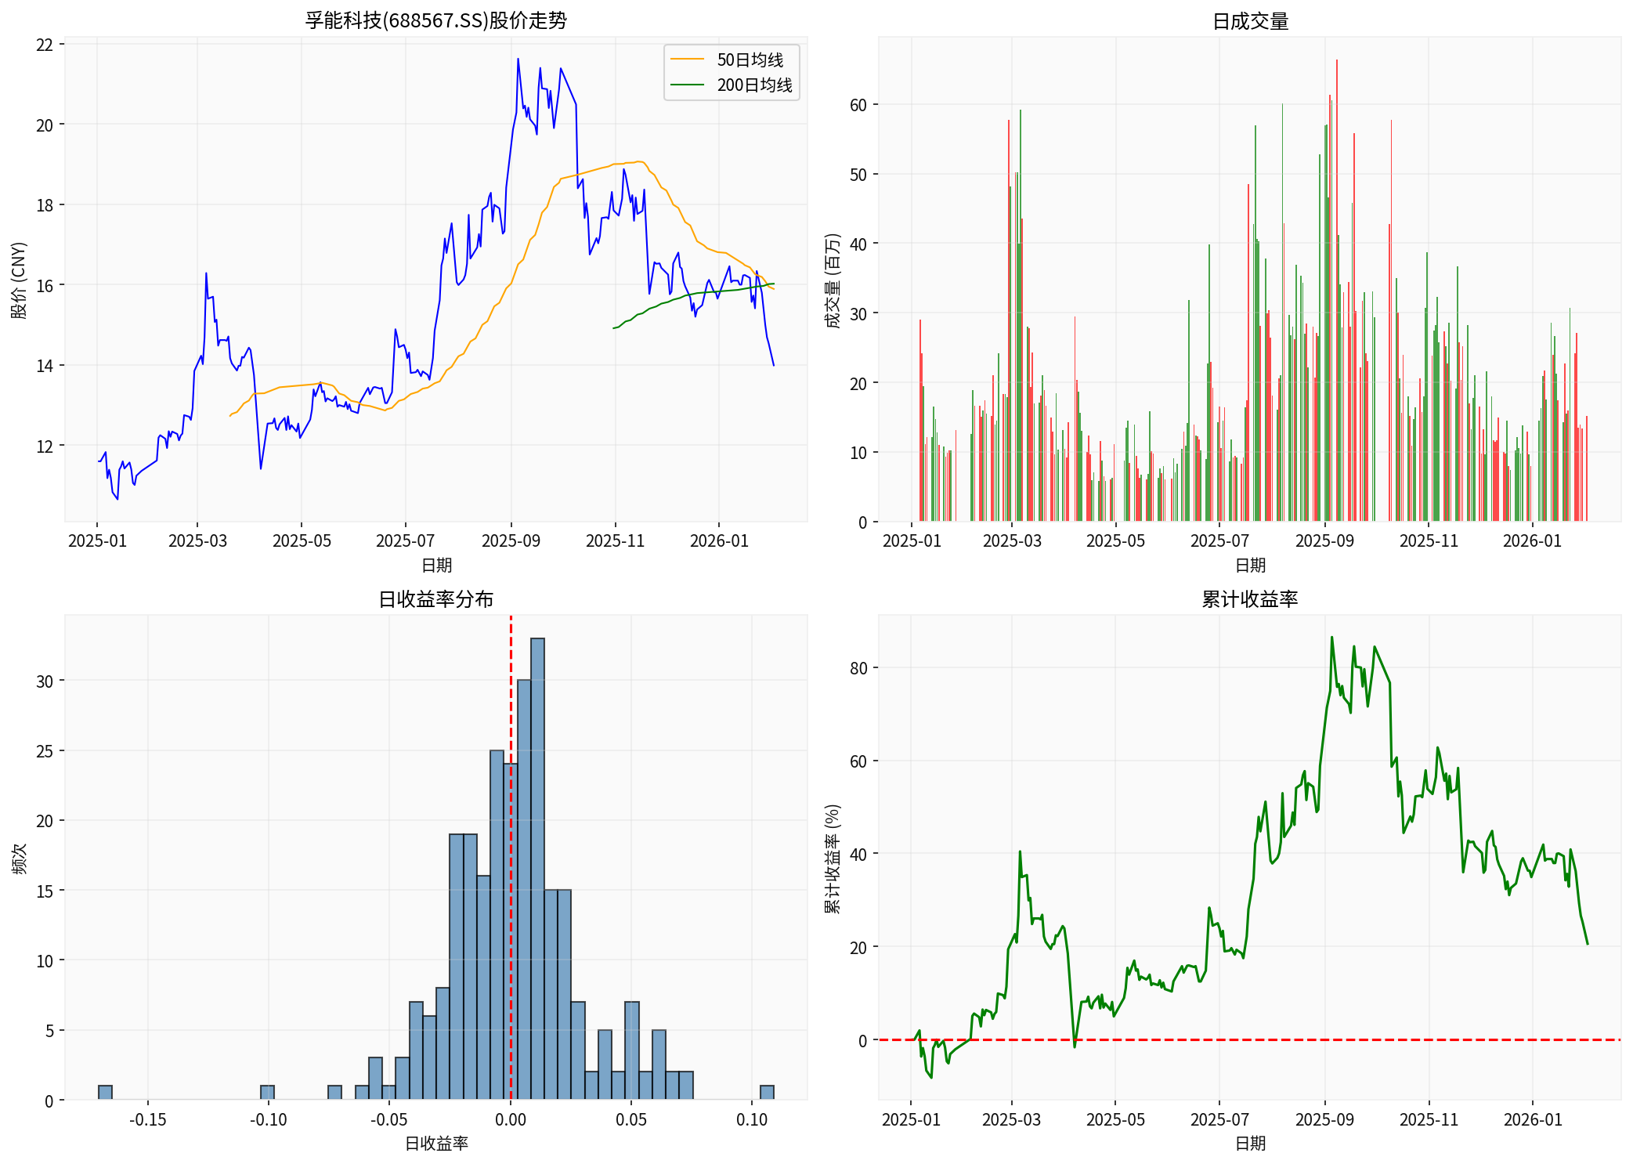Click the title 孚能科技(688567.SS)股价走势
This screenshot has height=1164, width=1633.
435,20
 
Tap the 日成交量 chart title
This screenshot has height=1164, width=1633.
1250,21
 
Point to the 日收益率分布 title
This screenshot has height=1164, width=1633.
435,599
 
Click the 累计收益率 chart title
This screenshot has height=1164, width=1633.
1250,599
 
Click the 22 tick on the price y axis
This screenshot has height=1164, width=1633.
45,45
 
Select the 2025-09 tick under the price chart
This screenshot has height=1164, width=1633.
511,541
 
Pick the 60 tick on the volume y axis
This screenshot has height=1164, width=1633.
858,105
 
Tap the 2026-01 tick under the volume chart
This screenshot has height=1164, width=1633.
1532,541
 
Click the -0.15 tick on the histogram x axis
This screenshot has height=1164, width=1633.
148,1120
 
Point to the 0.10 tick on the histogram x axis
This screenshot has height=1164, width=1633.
752,1120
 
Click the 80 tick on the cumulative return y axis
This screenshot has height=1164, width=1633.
858,668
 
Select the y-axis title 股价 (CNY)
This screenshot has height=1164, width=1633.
19,280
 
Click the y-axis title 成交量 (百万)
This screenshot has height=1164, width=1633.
833,280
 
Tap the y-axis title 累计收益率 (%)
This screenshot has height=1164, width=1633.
833,859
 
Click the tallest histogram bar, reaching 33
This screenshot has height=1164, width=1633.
537,869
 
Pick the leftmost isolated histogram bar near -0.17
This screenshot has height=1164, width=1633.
105,1093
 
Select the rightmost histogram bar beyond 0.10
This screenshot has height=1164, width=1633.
768,1093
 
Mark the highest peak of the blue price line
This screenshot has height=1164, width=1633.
518,59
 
